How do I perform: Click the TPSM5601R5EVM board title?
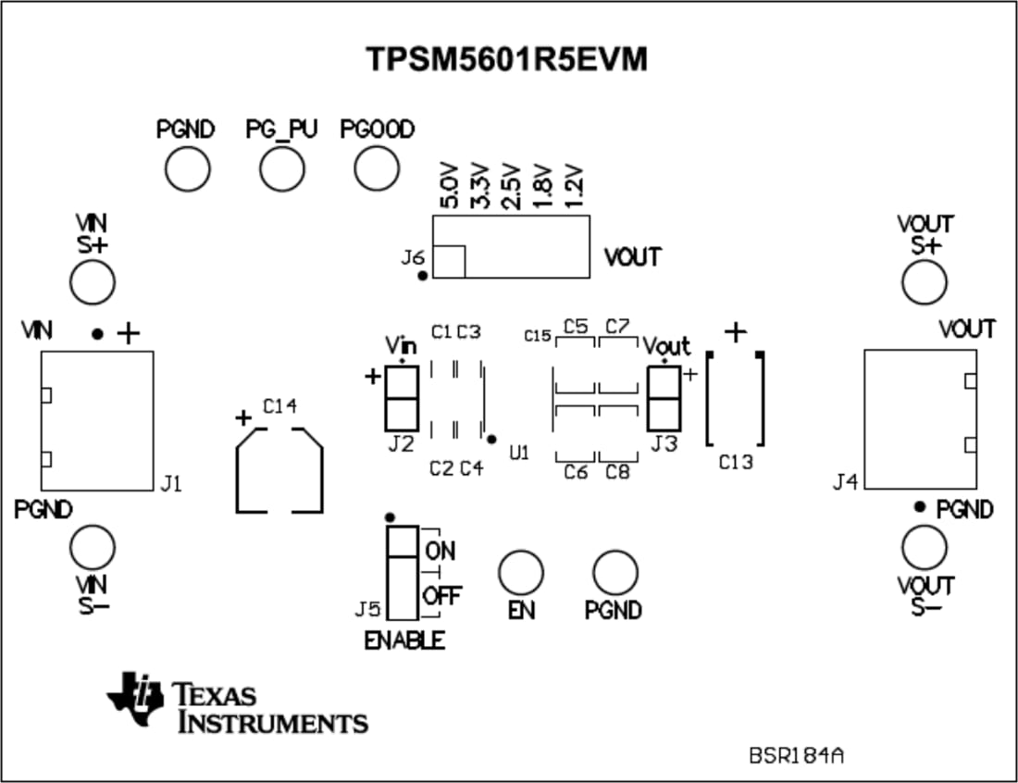click(506, 59)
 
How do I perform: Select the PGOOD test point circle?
click(377, 168)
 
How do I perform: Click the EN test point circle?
click(520, 571)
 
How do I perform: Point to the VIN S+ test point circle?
click(93, 281)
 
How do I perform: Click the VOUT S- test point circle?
click(925, 548)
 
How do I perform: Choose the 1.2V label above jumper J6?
click(575, 187)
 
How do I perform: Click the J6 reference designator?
click(413, 257)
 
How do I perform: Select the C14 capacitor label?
click(280, 405)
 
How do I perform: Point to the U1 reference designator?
click(519, 453)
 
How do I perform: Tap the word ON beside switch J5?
click(440, 551)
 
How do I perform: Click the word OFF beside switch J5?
click(441, 595)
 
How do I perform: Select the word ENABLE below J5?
click(403, 640)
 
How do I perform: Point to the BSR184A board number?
click(796, 755)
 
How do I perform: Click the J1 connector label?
click(171, 482)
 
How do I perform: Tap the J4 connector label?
click(845, 481)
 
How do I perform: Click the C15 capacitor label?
click(538, 335)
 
